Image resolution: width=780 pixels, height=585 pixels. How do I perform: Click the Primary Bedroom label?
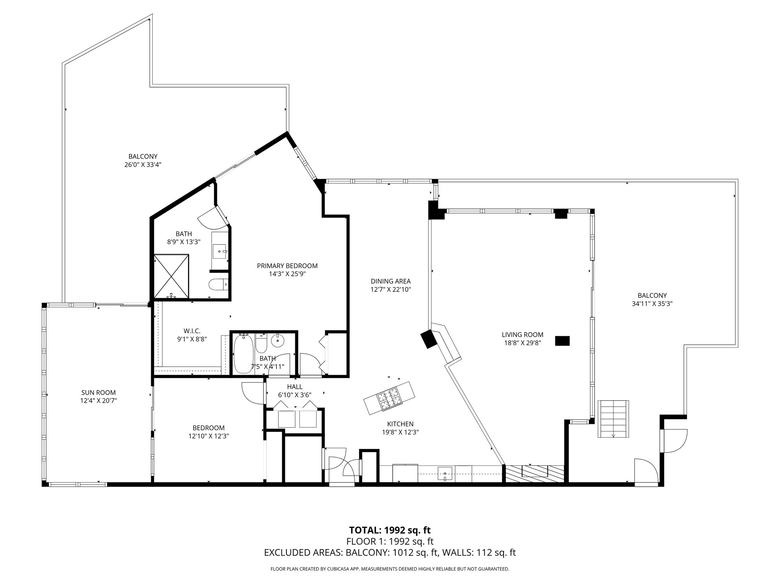[x=287, y=266]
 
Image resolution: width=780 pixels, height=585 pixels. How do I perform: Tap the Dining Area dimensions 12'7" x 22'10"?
[x=391, y=289]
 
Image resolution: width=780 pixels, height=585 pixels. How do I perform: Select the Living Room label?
[x=523, y=335]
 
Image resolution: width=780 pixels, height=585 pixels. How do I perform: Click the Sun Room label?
[x=98, y=393]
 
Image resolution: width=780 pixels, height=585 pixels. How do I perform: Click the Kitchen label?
[x=400, y=424]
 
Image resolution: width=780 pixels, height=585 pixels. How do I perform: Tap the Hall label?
[x=295, y=387]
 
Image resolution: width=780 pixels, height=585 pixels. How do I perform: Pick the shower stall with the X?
[x=171, y=277]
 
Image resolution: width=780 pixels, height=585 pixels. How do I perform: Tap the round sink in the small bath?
[x=278, y=340]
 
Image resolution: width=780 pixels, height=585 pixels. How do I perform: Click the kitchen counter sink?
[x=444, y=474]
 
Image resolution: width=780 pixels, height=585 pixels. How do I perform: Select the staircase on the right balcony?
[x=613, y=419]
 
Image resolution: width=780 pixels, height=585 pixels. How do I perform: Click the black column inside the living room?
[x=563, y=341]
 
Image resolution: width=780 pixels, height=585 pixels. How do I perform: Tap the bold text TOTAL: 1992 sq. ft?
[x=390, y=530]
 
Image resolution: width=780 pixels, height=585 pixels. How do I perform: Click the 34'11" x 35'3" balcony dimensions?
[x=652, y=304]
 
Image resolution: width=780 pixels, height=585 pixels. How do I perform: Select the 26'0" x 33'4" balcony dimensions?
[x=143, y=165]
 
